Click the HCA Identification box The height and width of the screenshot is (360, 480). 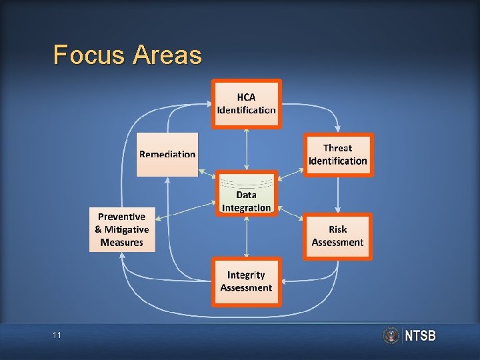(247, 103)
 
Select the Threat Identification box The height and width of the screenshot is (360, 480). (338, 155)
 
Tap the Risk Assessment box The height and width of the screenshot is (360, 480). (338, 236)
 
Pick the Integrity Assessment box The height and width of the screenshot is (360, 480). (247, 281)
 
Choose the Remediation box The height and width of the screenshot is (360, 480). (167, 154)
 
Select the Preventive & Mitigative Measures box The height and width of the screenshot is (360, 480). (122, 229)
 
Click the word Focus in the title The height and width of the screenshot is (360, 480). (89, 55)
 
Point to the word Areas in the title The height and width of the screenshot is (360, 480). (167, 55)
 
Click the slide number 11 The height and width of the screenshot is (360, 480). (57, 335)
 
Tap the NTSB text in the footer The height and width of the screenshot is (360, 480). (421, 336)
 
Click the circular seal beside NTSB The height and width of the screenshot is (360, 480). (391, 335)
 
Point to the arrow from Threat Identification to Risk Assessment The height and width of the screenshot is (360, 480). (339, 194)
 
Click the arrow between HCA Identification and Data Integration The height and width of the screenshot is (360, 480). (247, 149)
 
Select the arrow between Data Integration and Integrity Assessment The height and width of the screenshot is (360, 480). (247, 237)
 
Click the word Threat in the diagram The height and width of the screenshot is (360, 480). (338, 148)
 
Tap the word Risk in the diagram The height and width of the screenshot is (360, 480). (338, 229)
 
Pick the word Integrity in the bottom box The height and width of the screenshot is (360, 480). (246, 275)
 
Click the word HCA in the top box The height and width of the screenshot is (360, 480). (246, 97)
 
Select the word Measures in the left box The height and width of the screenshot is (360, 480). (122, 243)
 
